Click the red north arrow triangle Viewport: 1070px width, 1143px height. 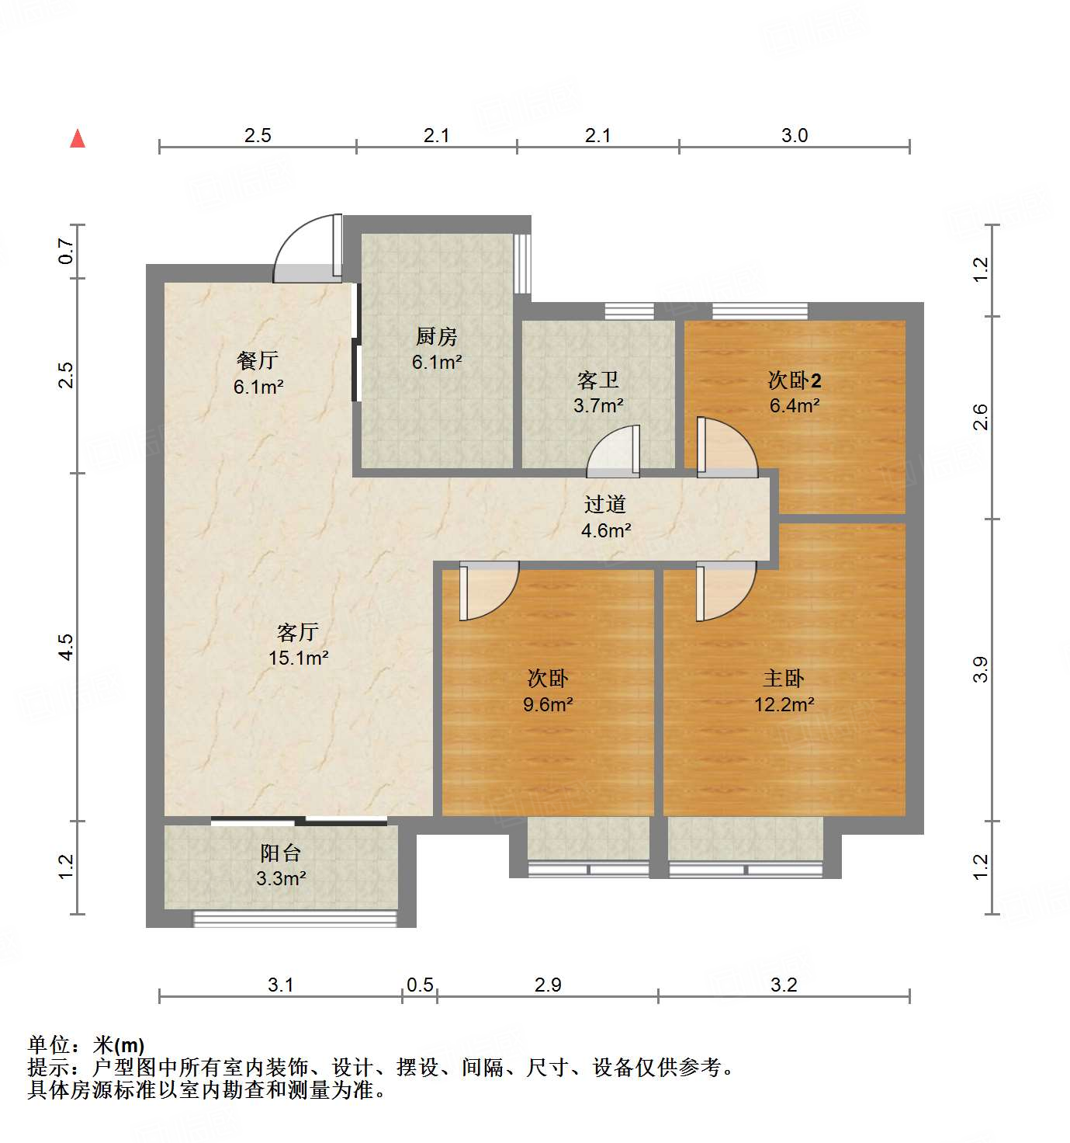tap(78, 139)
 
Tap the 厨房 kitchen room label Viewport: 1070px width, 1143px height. tap(437, 337)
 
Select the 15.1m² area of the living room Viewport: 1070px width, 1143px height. tap(298, 658)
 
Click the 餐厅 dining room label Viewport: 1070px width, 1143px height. tap(258, 361)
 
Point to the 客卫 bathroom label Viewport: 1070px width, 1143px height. tap(598, 380)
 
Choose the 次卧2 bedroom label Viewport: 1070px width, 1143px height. tap(795, 380)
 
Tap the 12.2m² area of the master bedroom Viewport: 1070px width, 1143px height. tap(784, 705)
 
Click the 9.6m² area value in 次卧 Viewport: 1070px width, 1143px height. tap(548, 705)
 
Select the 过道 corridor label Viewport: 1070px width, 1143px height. tap(605, 505)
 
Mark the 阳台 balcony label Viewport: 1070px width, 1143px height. tap(281, 853)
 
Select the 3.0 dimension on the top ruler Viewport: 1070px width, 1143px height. tap(795, 136)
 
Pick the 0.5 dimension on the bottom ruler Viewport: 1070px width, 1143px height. tap(420, 985)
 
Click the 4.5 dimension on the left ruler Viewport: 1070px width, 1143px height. tap(67, 647)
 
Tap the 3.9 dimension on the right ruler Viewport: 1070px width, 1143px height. tap(981, 669)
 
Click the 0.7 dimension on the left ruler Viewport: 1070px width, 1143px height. tap(67, 251)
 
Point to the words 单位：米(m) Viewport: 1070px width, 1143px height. tap(86, 1045)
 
